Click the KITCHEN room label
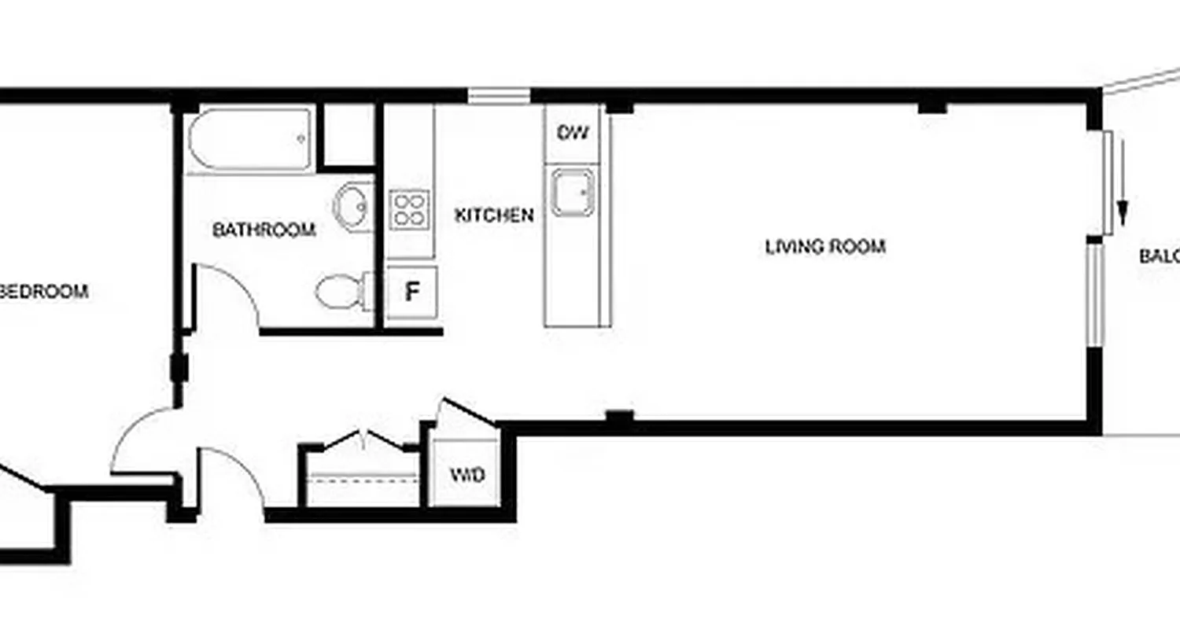pos(494,215)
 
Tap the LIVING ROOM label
pos(825,247)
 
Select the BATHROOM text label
pos(264,230)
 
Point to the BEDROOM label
pos(46,292)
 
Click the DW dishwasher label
pos(573,132)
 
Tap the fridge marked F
pos(411,292)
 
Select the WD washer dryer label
pos(466,476)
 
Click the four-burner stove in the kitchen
pos(410,210)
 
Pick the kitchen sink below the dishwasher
pos(572,192)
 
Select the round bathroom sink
pos(353,206)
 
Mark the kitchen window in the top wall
pos(500,96)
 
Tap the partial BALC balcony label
pos(1160,256)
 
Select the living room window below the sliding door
pos(1093,295)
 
